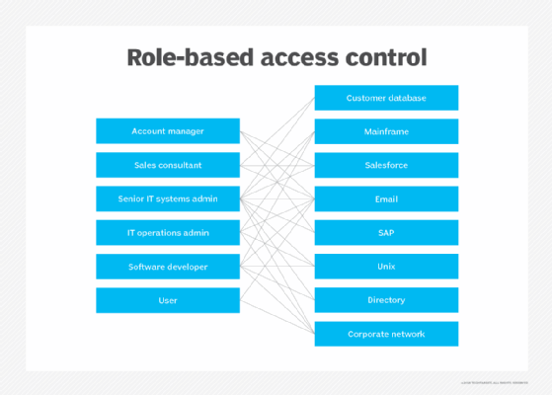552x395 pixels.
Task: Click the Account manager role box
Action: point(168,131)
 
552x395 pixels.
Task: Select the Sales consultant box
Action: point(168,165)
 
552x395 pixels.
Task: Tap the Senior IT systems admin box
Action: point(168,198)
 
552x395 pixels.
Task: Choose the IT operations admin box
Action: point(168,233)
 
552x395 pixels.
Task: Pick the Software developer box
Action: point(168,267)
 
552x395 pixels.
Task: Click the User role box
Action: point(168,300)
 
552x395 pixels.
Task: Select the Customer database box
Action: point(386,98)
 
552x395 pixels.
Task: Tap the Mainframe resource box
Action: point(386,131)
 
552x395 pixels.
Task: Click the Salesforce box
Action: point(386,165)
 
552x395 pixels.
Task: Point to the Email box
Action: point(386,198)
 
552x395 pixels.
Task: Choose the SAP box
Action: point(386,233)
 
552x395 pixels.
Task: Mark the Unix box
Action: point(386,267)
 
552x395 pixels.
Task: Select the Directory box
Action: point(386,300)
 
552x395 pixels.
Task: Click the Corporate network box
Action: point(386,334)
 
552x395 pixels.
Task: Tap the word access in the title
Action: point(301,57)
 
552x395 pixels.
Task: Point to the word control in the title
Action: point(388,57)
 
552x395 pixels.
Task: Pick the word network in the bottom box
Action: point(407,334)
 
